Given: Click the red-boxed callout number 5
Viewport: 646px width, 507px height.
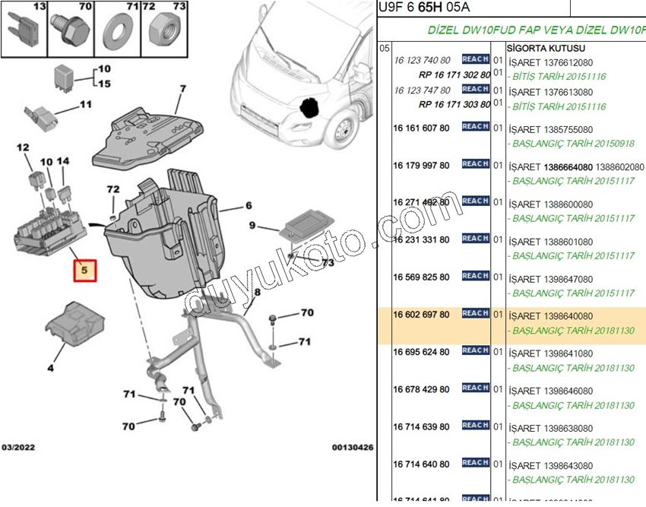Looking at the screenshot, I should click(85, 269).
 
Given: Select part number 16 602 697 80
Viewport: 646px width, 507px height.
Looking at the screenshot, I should click(421, 315).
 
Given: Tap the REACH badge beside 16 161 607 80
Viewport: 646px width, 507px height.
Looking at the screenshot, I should click(475, 126).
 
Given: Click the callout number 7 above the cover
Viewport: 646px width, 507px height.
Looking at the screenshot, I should click(182, 88).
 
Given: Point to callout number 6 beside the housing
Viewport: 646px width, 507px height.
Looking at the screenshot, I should click(248, 205).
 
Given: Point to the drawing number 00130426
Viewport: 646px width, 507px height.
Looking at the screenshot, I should click(352, 448).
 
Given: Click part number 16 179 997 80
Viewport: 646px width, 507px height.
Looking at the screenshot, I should click(421, 166).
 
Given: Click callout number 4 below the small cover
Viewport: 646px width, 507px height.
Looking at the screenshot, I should click(50, 368).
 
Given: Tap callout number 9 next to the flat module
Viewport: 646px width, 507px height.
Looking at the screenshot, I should click(252, 227).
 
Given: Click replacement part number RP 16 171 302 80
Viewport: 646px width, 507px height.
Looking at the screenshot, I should click(454, 76).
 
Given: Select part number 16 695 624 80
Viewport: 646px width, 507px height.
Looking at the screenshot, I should click(421, 352).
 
